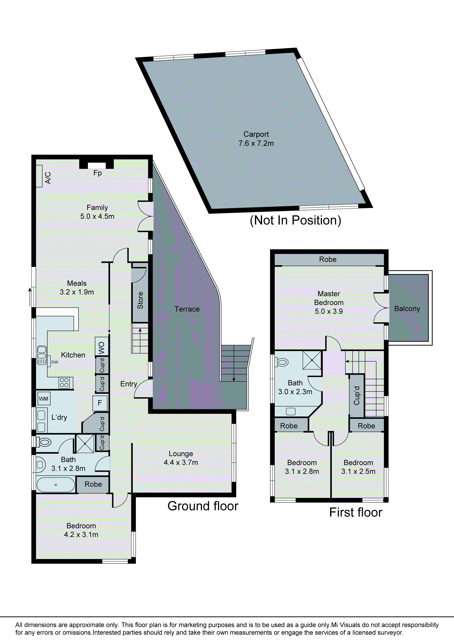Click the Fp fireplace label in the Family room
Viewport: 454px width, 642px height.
97,173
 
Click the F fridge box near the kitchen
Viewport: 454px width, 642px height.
100,403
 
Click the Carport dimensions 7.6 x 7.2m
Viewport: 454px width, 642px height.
256,143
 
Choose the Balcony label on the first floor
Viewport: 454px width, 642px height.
407,309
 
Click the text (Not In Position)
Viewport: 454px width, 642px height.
295,220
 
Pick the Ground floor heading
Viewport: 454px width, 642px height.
203,506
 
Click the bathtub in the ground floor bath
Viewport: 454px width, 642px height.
56,485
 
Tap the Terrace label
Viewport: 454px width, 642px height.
187,309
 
